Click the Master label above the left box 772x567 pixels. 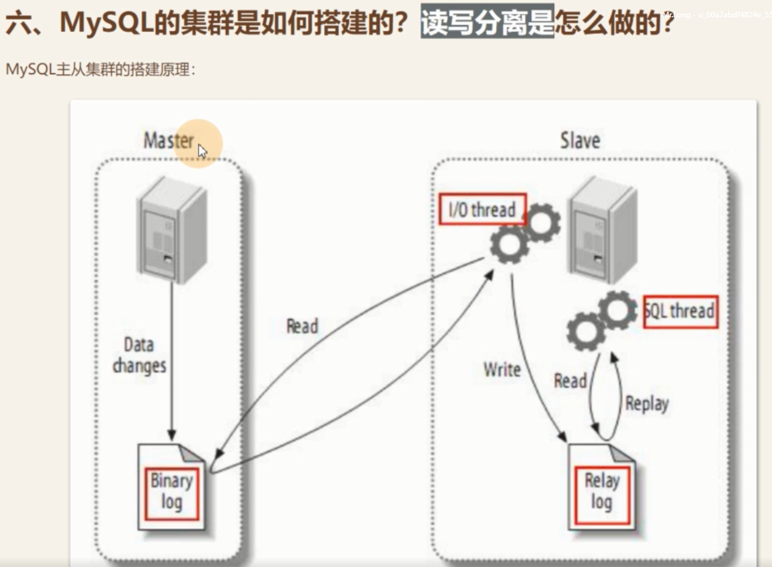168,140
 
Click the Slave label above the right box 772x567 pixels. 579,140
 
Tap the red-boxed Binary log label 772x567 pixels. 172,492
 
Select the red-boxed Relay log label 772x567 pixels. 602,491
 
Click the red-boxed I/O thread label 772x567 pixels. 482,210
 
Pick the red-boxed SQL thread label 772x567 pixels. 680,310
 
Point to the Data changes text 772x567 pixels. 139,355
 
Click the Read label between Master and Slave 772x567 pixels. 302,326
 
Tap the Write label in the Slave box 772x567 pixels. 502,370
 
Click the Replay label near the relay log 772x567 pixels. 647,404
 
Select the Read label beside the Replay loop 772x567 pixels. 570,381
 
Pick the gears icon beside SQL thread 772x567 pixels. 601,319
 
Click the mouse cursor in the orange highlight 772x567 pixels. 202,151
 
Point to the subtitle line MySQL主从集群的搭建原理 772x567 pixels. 100,69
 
